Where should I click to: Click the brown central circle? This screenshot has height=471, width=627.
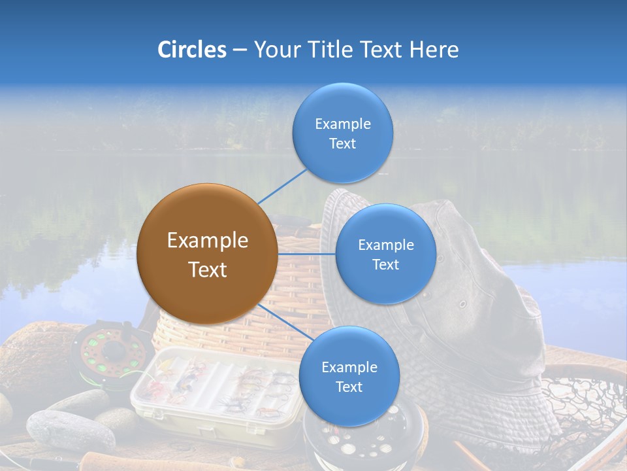click(x=207, y=254)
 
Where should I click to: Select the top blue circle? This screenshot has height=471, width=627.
click(x=342, y=133)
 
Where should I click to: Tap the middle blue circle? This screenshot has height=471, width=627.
click(x=385, y=254)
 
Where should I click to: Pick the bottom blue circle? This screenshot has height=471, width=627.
click(x=349, y=377)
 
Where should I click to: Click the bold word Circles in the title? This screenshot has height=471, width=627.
click(x=192, y=50)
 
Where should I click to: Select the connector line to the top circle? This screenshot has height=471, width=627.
click(x=282, y=186)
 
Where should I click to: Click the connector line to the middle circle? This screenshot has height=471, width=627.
click(x=307, y=254)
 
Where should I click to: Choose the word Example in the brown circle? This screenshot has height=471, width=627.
click(x=207, y=241)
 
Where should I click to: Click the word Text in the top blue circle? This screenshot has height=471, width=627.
click(x=342, y=144)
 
